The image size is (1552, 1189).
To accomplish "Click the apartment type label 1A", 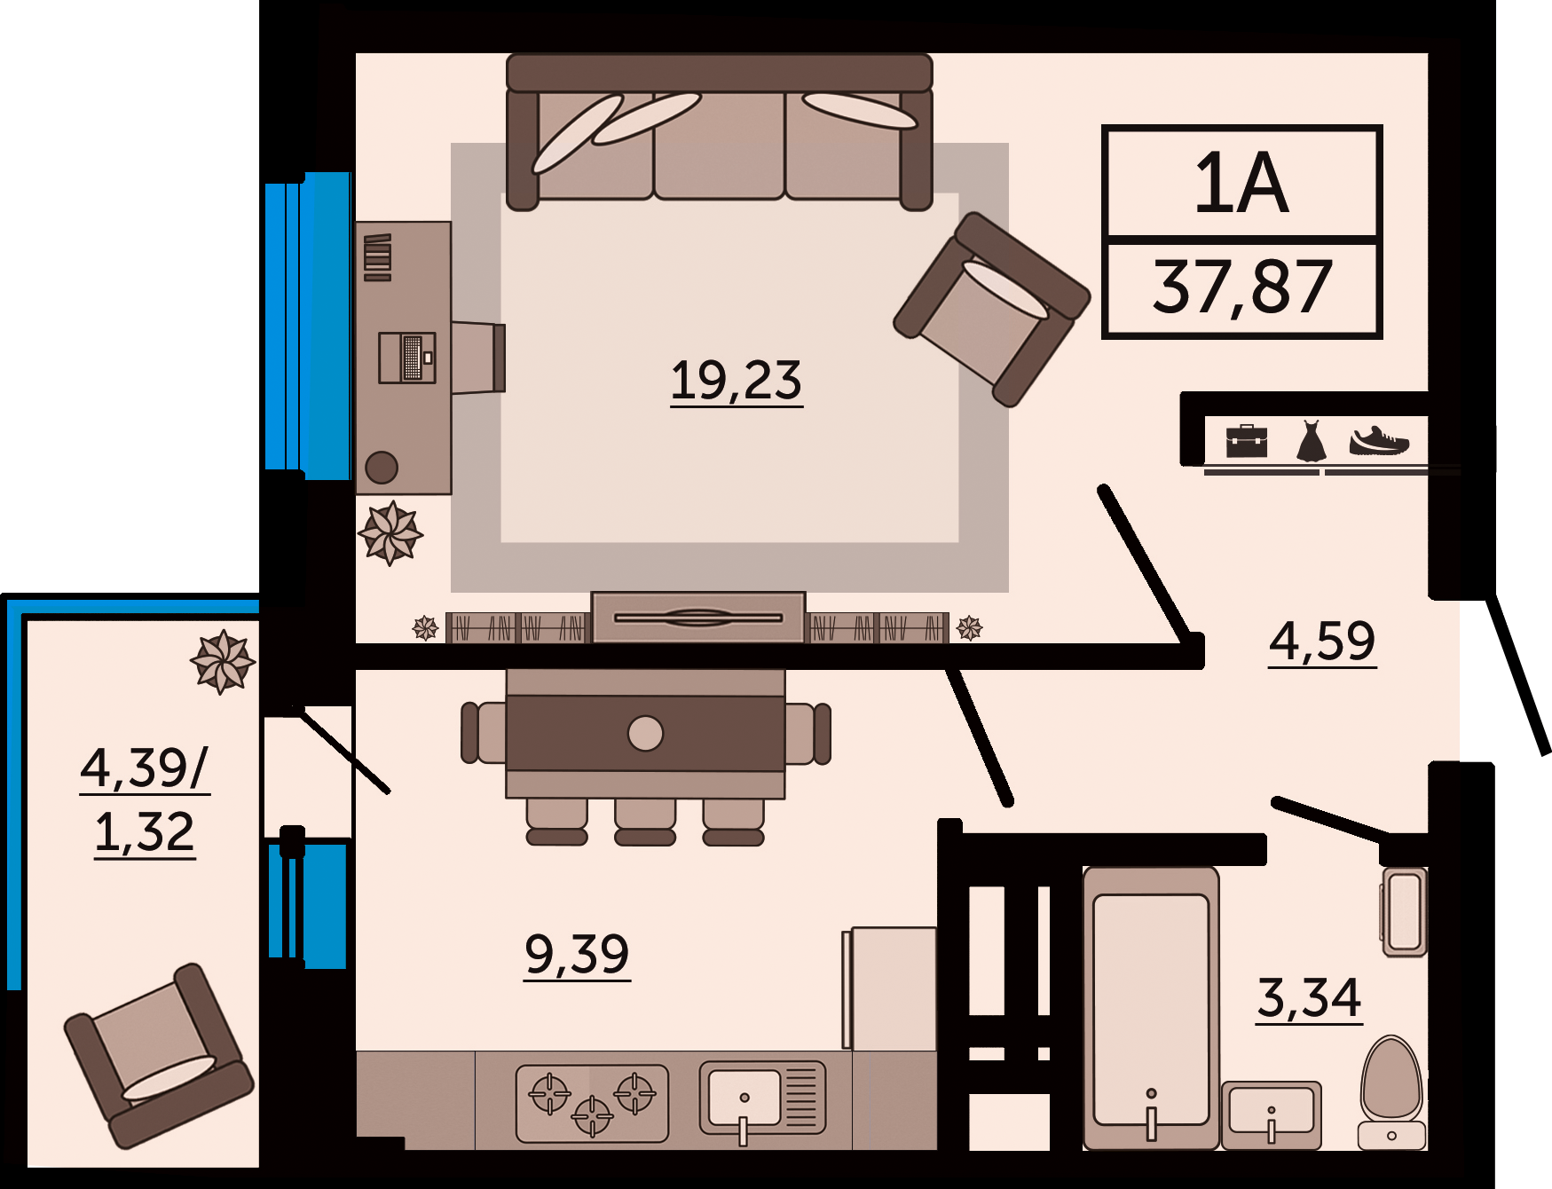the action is [1241, 183].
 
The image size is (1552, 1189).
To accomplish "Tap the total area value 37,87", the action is [1242, 287].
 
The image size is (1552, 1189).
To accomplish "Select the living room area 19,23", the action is [736, 381].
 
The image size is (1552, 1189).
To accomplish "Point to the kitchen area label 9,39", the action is [577, 954].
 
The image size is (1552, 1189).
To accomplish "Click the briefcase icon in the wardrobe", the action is [1247, 441].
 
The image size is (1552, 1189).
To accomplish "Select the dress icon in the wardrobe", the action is [1311, 441].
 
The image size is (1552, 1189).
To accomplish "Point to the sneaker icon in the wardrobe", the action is [1379, 441].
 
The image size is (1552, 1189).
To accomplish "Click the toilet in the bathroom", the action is [1391, 1092].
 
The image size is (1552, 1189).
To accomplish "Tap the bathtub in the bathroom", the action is [1151, 1008].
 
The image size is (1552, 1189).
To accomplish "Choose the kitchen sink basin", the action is [744, 1098].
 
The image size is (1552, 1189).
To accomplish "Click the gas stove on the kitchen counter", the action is [592, 1103].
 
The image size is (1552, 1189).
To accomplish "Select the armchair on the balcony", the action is [159, 1056].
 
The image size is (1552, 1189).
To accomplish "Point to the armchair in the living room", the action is [992, 309].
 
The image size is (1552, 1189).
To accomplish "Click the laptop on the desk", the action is [407, 358].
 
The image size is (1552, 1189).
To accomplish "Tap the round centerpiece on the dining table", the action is [645, 734].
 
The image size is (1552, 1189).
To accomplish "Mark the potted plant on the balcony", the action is [223, 662].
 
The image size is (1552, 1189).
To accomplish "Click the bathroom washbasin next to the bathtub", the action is [1271, 1114].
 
